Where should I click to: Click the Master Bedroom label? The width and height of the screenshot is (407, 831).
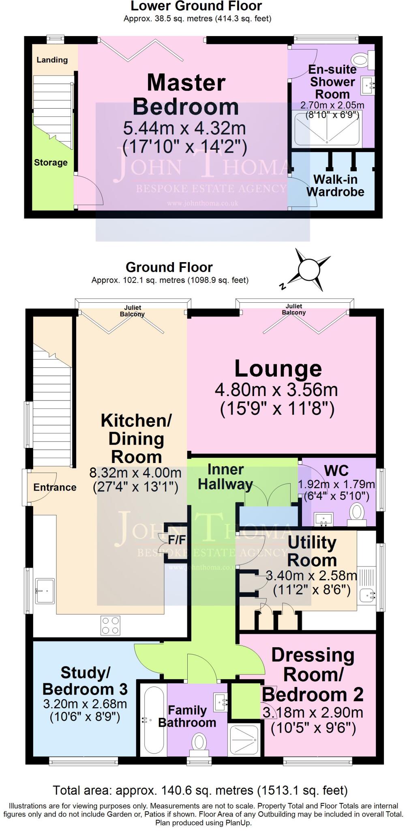pyautogui.click(x=186, y=95)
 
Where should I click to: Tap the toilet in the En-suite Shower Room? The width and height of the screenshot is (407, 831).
pyautogui.click(x=363, y=60)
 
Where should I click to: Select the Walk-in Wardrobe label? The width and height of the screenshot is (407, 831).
pyautogui.click(x=335, y=185)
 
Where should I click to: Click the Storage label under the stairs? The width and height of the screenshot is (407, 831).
pyautogui.click(x=51, y=163)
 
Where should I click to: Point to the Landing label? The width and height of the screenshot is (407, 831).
pyautogui.click(x=52, y=60)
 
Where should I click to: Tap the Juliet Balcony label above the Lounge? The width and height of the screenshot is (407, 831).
pyautogui.click(x=294, y=309)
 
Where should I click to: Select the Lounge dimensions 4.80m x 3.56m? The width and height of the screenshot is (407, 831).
pyautogui.click(x=276, y=390)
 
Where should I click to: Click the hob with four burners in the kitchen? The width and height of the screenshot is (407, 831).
pyautogui.click(x=110, y=625)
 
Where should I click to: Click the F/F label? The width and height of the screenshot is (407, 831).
pyautogui.click(x=177, y=540)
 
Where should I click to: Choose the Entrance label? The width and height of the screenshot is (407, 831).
pyautogui.click(x=55, y=487)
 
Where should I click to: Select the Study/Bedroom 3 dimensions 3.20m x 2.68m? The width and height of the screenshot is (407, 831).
pyautogui.click(x=85, y=704)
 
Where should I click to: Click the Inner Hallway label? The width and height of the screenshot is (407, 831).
pyautogui.click(x=225, y=477)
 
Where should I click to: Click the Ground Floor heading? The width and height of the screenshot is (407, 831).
pyautogui.click(x=169, y=267)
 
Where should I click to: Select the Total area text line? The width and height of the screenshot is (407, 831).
pyautogui.click(x=200, y=790)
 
